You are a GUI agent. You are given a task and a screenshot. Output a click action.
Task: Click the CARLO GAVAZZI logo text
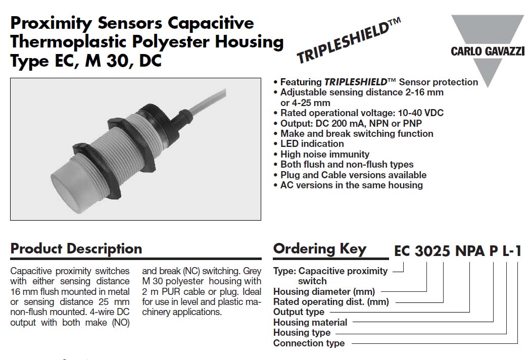click(488, 52)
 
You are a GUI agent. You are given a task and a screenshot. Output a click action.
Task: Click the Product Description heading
click(76, 248)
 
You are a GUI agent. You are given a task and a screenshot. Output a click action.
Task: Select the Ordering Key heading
click(320, 249)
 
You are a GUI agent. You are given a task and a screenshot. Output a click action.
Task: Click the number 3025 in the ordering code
click(432, 251)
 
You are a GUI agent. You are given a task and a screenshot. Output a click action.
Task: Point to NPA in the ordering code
click(470, 251)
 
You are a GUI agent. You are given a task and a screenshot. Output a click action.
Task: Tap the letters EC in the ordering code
click(403, 251)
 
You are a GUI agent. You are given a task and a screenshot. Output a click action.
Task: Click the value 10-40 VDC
click(420, 113)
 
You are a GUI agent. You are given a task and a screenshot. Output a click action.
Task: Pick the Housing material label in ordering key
click(310, 323)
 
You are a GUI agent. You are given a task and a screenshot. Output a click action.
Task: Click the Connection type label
click(309, 343)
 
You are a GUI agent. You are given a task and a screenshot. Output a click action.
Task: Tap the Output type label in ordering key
click(299, 312)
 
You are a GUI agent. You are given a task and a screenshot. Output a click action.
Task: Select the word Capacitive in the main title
click(211, 23)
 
